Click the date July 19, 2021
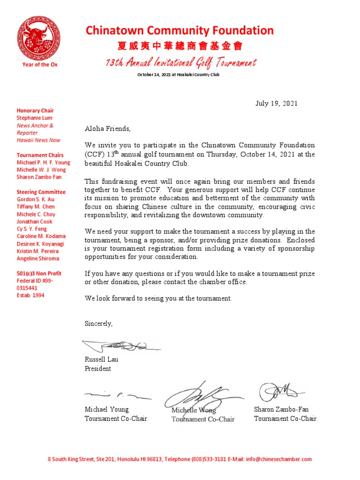(276, 104)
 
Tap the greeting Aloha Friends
(107, 128)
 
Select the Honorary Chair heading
(35, 111)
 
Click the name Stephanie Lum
(35, 118)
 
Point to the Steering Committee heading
(41, 192)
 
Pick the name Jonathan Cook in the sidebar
(35, 221)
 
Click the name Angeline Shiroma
(38, 258)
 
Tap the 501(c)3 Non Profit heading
(39, 273)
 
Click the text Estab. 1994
(30, 295)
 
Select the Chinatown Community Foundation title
(180, 31)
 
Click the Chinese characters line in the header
(180, 46)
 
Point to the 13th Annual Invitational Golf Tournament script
(180, 62)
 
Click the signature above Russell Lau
(121, 346)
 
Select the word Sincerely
(98, 323)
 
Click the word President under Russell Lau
(97, 368)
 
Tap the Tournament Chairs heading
(40, 155)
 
